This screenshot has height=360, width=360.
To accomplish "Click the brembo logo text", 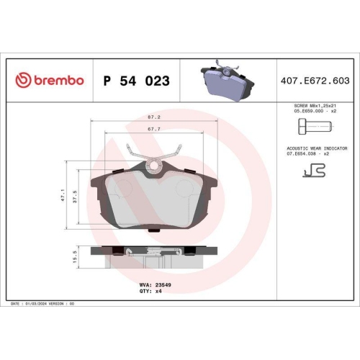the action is tap(59, 81).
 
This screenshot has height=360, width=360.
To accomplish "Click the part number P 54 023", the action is tap(137, 81).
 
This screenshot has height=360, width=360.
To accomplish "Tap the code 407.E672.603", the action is tap(315, 81).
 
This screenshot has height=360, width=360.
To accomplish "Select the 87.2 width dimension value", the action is tap(154, 117).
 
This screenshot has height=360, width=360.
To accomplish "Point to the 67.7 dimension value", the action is tap(154, 129).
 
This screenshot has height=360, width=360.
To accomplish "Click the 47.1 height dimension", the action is tap(63, 195).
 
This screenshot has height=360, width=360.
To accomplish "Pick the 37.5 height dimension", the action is tap(75, 197).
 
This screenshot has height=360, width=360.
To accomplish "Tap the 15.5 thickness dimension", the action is tap(75, 256).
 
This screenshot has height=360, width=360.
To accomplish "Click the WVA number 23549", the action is tap(163, 285).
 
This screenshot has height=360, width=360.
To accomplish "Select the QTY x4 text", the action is tap(150, 291).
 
